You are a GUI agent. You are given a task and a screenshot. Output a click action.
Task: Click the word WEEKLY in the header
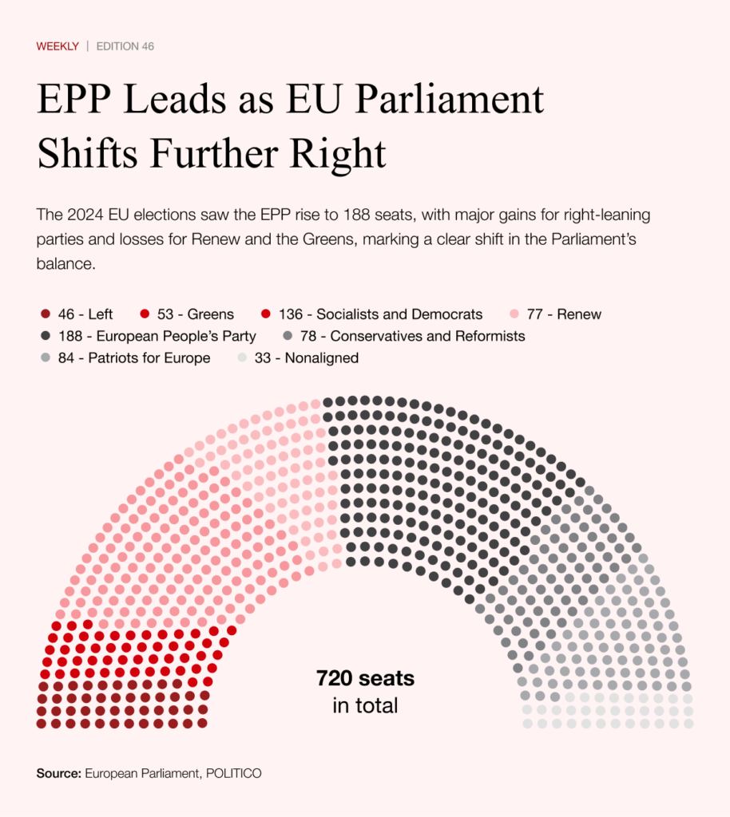(x=58, y=46)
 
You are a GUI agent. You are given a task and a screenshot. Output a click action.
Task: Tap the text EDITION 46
(x=125, y=46)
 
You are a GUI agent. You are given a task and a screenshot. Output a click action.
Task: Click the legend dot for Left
(x=45, y=314)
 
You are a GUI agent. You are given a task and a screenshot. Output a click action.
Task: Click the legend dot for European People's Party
(x=45, y=336)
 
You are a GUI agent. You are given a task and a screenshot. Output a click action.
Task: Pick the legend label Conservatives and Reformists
(x=427, y=336)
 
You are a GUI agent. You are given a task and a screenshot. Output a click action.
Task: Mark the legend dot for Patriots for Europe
(x=45, y=358)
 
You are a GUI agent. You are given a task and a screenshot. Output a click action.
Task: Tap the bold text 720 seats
(x=365, y=679)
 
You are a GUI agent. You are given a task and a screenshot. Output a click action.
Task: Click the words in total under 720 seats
(x=365, y=705)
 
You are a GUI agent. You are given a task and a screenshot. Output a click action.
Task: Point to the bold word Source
(x=58, y=773)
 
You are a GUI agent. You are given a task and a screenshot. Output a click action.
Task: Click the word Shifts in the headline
(x=85, y=153)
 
